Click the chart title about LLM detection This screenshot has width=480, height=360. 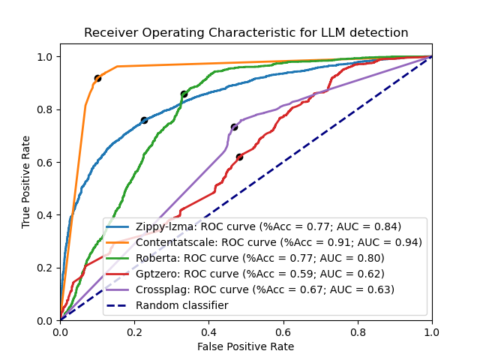tap(246, 33)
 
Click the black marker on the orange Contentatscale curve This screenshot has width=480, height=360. tap(97, 78)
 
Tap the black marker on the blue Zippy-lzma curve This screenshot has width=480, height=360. tap(144, 120)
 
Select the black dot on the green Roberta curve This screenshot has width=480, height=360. tap(184, 94)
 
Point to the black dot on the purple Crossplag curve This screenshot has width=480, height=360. tap(234, 127)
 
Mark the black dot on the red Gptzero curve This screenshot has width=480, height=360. tap(239, 157)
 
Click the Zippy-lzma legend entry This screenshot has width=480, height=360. tap(268, 226)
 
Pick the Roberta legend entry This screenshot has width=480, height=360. tap(260, 258)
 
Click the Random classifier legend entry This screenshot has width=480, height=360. tap(182, 305)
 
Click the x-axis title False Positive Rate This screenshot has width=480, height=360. tap(246, 346)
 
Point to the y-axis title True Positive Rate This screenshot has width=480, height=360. tap(26, 181)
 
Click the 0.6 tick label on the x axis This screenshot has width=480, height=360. tap(283, 331)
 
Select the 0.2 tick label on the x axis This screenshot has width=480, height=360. tap(134, 331)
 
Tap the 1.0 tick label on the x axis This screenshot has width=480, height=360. tap(431, 331)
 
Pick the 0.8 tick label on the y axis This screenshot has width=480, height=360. tap(44, 109)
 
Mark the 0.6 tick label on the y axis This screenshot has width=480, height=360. tap(44, 162)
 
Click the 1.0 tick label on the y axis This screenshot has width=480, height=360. tap(44, 57)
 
